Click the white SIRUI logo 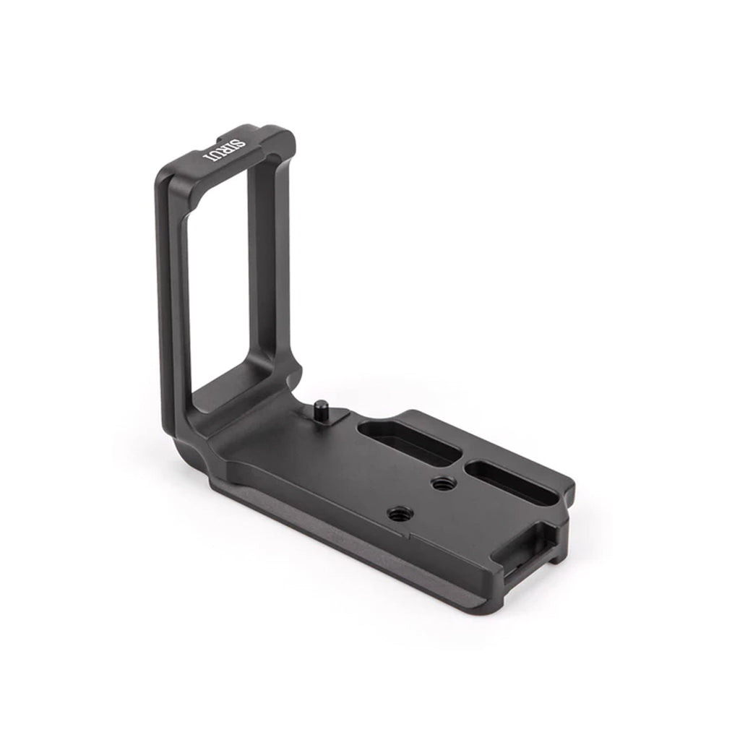point(224,150)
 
